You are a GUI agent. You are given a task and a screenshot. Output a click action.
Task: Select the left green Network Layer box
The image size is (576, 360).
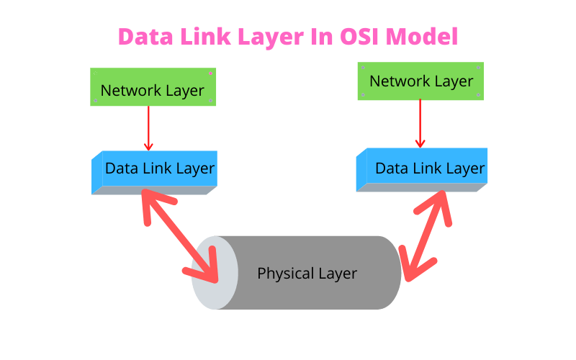click(153, 87)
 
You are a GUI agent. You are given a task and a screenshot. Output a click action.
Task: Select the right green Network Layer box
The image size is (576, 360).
click(420, 81)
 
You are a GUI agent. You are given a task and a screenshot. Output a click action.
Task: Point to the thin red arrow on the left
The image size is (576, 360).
click(148, 128)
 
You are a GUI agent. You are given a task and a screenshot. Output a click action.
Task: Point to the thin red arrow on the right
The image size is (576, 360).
click(420, 122)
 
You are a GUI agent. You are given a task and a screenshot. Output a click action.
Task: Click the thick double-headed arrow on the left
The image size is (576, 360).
click(180, 234)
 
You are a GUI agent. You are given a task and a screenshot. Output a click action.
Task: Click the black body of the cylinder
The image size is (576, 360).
click(310, 273)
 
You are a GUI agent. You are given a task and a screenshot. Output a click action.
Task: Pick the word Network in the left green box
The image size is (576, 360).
click(127, 91)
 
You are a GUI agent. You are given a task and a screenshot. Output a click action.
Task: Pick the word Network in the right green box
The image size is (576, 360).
click(395, 81)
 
